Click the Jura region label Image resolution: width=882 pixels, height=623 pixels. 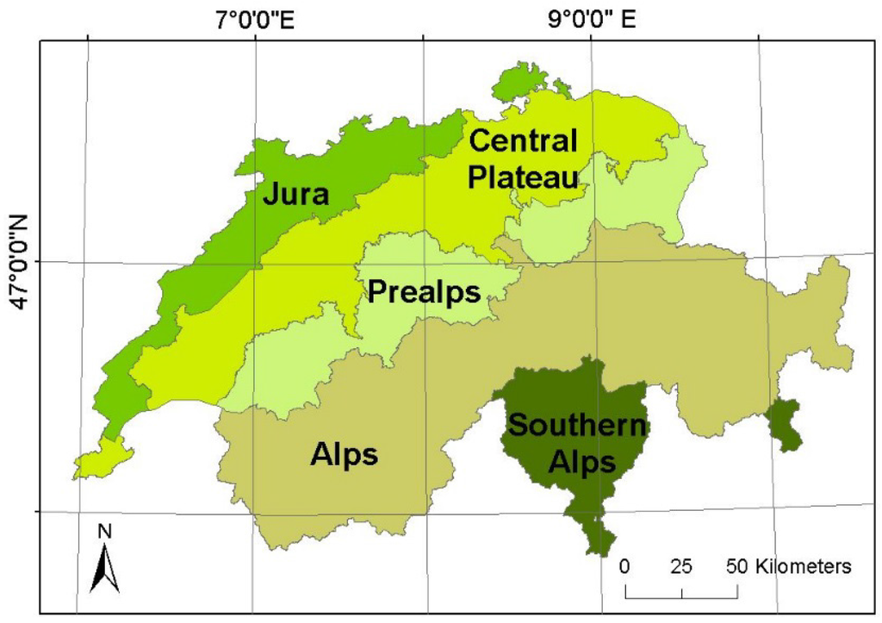(x=295, y=194)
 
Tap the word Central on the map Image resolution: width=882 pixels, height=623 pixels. (x=523, y=140)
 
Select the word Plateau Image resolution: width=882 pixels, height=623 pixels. (x=523, y=178)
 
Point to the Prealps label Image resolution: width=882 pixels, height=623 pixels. (x=424, y=292)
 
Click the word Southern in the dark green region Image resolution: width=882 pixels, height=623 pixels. (x=576, y=425)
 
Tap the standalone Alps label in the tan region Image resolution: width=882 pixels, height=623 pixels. (x=344, y=453)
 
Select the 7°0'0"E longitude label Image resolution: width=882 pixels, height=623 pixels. (x=255, y=20)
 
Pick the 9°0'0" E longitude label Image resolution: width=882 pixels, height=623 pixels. (x=593, y=20)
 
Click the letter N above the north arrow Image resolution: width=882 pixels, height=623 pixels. (x=105, y=532)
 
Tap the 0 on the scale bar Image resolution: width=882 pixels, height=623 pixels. (x=625, y=566)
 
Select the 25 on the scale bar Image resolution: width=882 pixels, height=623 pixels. (x=681, y=566)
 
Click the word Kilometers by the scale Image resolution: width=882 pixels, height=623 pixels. (x=804, y=566)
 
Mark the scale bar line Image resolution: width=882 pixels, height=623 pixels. (x=681, y=595)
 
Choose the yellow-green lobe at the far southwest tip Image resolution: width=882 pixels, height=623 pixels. (x=102, y=458)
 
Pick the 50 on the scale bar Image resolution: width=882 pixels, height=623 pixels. (x=738, y=566)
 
